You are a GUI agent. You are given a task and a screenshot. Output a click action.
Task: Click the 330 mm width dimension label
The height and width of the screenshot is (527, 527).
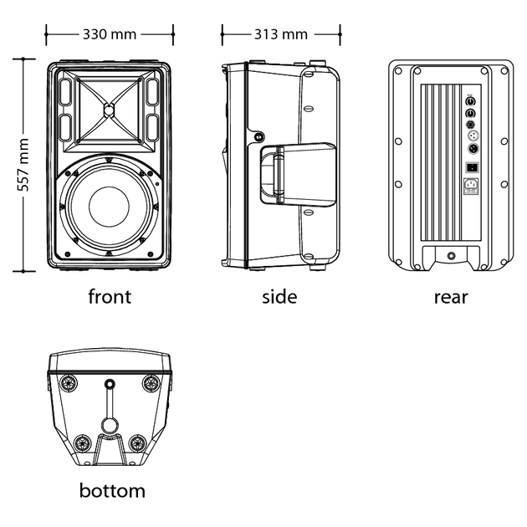pos(110,34)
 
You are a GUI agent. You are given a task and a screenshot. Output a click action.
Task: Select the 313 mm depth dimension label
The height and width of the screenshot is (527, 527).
pos(281,34)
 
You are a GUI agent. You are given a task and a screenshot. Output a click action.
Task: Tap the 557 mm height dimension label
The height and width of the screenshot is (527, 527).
pos(23,165)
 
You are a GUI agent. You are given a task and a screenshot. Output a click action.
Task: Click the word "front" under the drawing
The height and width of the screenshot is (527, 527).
pos(110,296)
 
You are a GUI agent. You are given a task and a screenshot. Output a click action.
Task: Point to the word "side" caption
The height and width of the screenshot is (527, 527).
pos(279,296)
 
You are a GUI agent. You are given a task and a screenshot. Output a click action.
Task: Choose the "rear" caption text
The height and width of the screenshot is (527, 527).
pos(451,296)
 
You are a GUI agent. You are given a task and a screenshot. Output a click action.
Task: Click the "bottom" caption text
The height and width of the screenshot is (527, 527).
pos(112,490)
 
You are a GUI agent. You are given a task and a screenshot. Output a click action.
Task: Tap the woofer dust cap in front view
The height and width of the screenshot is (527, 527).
pos(109,205)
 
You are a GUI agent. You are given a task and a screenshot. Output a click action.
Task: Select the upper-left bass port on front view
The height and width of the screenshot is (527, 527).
pos(65,90)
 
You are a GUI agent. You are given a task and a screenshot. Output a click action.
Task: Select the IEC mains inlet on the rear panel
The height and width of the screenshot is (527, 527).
pos(469,187)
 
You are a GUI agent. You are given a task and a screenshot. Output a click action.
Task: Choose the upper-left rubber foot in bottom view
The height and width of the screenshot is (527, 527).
pos(69,383)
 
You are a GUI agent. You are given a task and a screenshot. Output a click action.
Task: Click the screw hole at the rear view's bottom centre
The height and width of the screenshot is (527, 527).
pos(451,256)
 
